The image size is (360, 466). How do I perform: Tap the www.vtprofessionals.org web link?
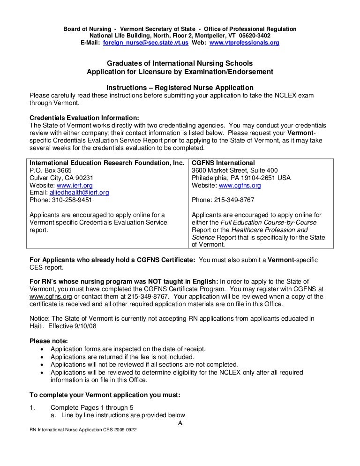[x=244, y=43]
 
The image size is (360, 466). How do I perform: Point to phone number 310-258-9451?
[x=72, y=200]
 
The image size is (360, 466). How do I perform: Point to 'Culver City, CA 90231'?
[x=61, y=178]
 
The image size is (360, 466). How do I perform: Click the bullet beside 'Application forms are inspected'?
[x=44, y=349]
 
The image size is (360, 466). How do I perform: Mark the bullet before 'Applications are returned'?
[x=44, y=357]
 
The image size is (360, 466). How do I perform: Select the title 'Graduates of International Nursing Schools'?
[x=180, y=63]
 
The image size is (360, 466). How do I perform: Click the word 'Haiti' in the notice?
[x=37, y=326]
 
